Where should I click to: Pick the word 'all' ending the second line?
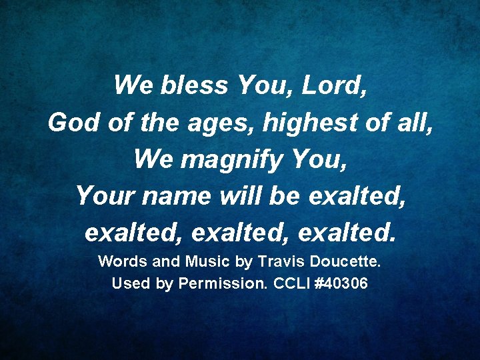coord(416,123)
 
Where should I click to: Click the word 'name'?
coord(176,196)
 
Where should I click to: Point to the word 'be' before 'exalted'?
coord(289,196)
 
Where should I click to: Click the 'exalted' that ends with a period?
coord(347,233)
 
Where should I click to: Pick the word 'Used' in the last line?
coord(131,283)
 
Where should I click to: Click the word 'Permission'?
coord(223,283)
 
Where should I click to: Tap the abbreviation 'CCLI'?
coord(291,283)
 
